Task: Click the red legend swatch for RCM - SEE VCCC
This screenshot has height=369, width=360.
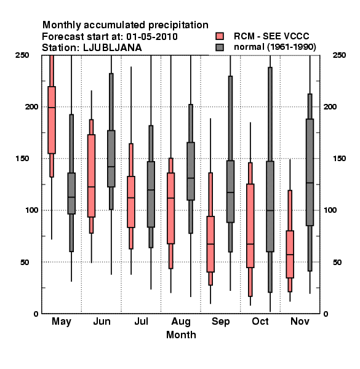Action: tap(220, 36)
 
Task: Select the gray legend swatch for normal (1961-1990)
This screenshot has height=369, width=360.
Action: tap(220, 47)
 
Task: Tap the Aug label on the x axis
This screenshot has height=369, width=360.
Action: tap(181, 322)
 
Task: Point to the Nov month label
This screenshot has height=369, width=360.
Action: tap(300, 321)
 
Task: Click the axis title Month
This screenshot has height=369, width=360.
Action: tap(181, 335)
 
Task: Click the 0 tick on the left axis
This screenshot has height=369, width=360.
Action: tap(36, 314)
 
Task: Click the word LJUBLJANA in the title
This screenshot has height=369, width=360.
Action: tap(113, 48)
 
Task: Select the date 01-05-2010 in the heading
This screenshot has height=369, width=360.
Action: tap(152, 37)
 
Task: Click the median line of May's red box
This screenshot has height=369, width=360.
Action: tap(52, 108)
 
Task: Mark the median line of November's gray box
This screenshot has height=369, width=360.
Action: tap(310, 183)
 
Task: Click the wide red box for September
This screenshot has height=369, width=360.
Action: tap(210, 244)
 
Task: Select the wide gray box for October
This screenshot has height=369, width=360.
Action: tap(270, 207)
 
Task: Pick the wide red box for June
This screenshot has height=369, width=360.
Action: tap(91, 176)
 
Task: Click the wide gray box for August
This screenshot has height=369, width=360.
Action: tap(191, 171)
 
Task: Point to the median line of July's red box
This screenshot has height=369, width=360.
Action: tap(131, 197)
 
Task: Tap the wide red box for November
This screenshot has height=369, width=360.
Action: tap(290, 254)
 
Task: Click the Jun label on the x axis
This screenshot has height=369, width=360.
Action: tap(102, 321)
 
